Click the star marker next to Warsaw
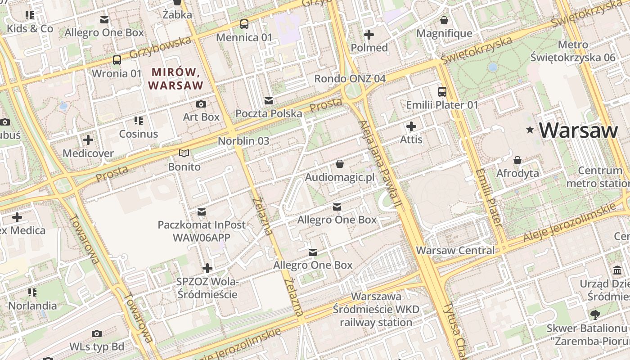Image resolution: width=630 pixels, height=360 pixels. pyautogui.click(x=531, y=130)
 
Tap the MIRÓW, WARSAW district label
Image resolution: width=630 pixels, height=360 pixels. pyautogui.click(x=175, y=78)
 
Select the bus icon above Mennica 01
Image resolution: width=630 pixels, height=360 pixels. pyautogui.click(x=244, y=24)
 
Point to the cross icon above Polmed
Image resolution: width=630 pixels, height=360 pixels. pyautogui.click(x=369, y=35)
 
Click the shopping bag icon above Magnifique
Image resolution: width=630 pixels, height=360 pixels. pyautogui.click(x=444, y=20)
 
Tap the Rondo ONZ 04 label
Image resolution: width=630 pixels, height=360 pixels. pyautogui.click(x=350, y=78)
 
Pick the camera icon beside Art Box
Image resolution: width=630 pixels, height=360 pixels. pyautogui.click(x=201, y=104)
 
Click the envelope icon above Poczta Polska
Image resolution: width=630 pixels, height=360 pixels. pyautogui.click(x=269, y=100)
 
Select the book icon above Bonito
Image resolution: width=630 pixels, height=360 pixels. pyautogui.click(x=184, y=153)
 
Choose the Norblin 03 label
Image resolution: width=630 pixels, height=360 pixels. pyautogui.click(x=243, y=141)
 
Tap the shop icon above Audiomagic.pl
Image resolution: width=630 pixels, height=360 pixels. pyautogui.click(x=340, y=164)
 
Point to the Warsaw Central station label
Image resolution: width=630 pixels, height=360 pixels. pyautogui.click(x=455, y=250)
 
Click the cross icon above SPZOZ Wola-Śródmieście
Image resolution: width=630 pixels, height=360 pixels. pyautogui.click(x=207, y=269)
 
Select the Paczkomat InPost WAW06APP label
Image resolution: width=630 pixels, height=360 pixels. pyautogui.click(x=202, y=230)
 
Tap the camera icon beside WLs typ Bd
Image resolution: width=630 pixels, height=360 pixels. pyautogui.click(x=96, y=333)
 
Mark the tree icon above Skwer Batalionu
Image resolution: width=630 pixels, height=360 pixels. pyautogui.click(x=595, y=315)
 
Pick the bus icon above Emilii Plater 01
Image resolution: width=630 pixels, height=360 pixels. pyautogui.click(x=442, y=92)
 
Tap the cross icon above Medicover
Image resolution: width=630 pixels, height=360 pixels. pyautogui.click(x=88, y=140)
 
